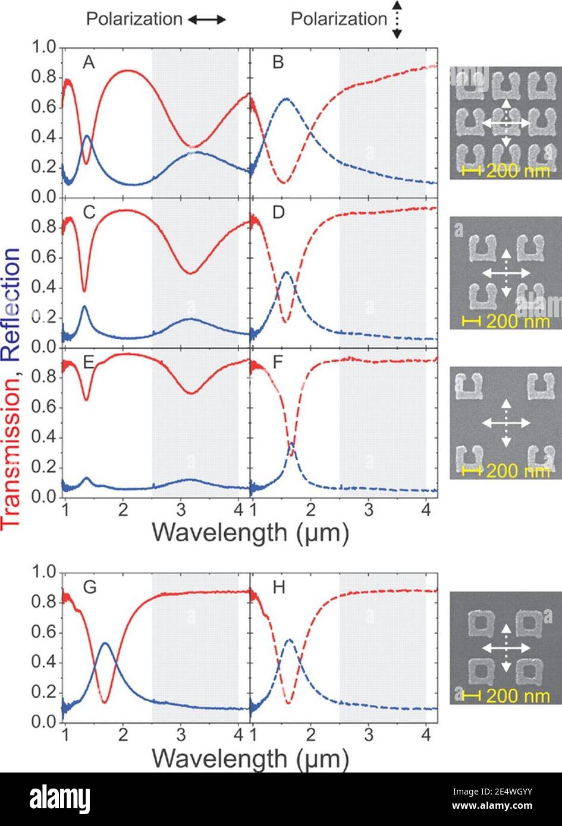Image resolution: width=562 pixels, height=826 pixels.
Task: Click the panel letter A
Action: (88, 62)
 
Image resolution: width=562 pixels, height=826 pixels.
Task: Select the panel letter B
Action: (278, 62)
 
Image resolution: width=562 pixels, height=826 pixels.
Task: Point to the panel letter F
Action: (277, 363)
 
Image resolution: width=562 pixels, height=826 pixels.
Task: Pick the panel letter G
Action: (89, 588)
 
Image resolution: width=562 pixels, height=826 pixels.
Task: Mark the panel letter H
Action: (278, 588)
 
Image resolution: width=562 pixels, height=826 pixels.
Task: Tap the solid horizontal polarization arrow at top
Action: (206, 20)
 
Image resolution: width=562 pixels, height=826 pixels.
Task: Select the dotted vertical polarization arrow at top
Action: (397, 20)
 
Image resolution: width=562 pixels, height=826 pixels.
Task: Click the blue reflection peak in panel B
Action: (287, 99)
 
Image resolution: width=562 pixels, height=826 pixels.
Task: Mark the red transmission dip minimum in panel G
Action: (105, 702)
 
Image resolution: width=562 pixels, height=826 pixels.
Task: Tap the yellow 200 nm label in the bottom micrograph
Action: (517, 695)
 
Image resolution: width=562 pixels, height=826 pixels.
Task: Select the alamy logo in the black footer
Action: (59, 799)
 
